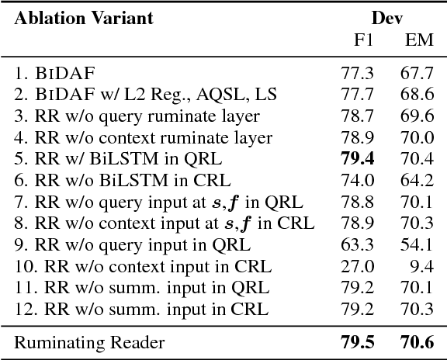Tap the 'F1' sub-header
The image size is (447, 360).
coord(363,39)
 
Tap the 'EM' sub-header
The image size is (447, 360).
coord(419,39)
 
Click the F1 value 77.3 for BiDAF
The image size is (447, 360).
coord(357,74)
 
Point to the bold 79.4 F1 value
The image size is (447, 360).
coord(357,159)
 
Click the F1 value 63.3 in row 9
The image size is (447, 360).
coord(357,245)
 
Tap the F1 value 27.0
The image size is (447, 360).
coord(357,267)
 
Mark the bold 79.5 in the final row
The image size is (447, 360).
coord(357,341)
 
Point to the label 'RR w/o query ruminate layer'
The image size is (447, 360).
coord(137,116)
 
